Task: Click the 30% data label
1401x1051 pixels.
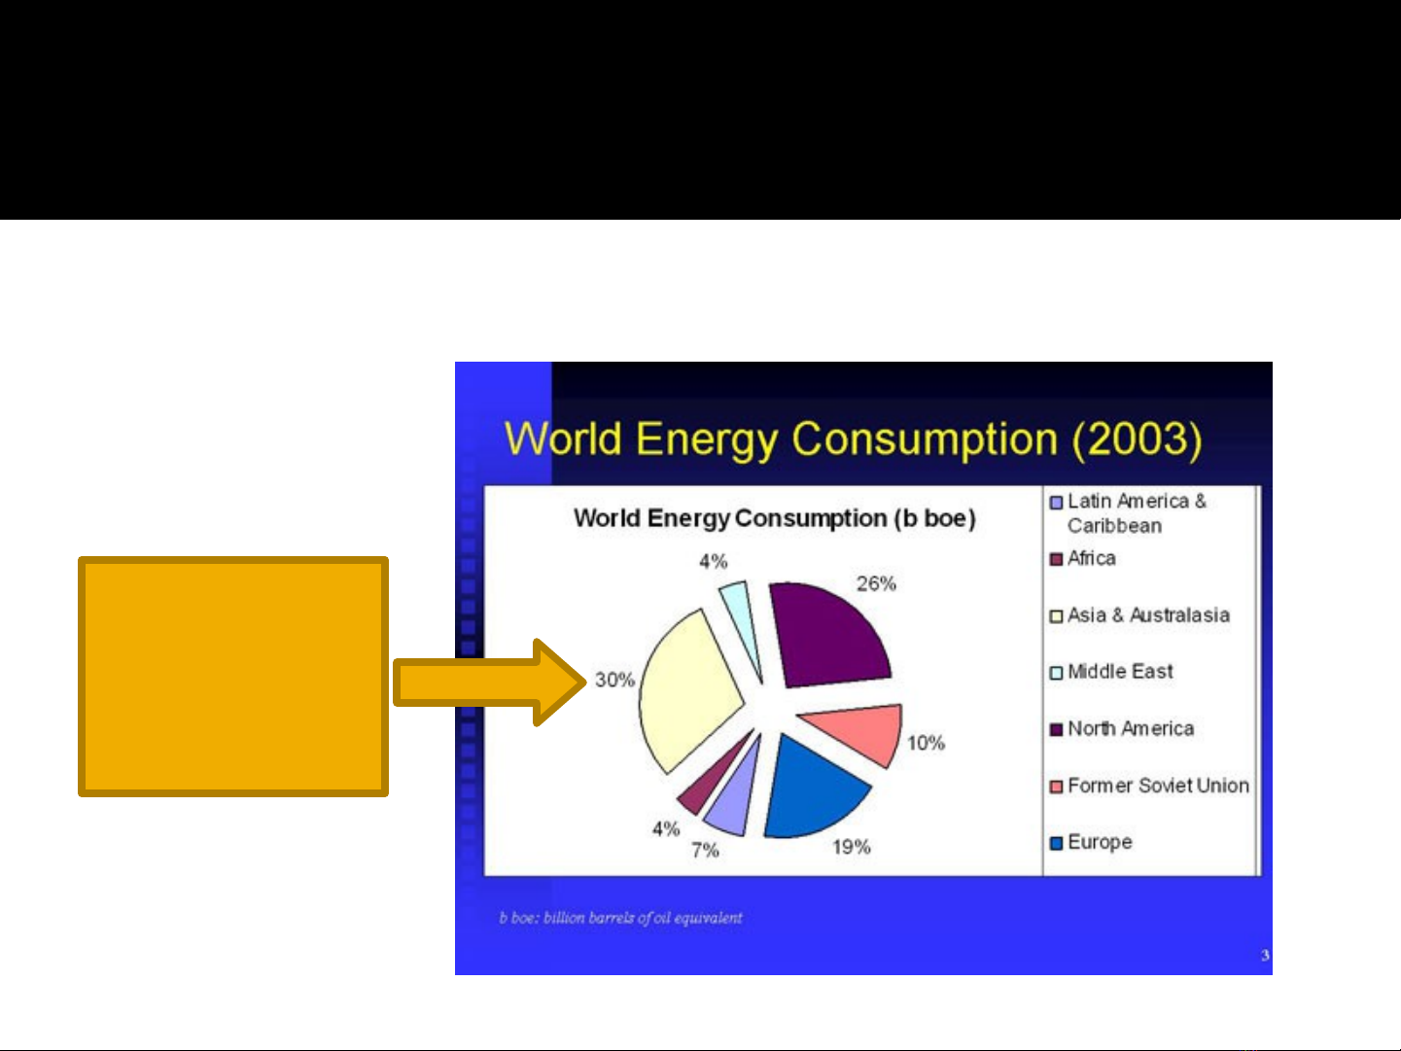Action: (614, 680)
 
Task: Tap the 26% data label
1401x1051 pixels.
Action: (876, 583)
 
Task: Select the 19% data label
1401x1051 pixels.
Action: (851, 847)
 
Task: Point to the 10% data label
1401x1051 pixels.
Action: (926, 743)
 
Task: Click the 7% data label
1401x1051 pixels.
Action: (705, 850)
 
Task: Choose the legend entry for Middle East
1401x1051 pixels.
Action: (1111, 671)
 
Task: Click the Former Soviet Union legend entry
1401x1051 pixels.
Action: (1149, 786)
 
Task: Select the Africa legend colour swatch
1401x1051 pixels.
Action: (1056, 560)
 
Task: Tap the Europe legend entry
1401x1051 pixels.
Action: (1091, 842)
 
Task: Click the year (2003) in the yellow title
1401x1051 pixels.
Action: (1137, 439)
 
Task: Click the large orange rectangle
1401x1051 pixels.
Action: (233, 677)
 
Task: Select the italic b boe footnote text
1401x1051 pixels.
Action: (620, 918)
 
